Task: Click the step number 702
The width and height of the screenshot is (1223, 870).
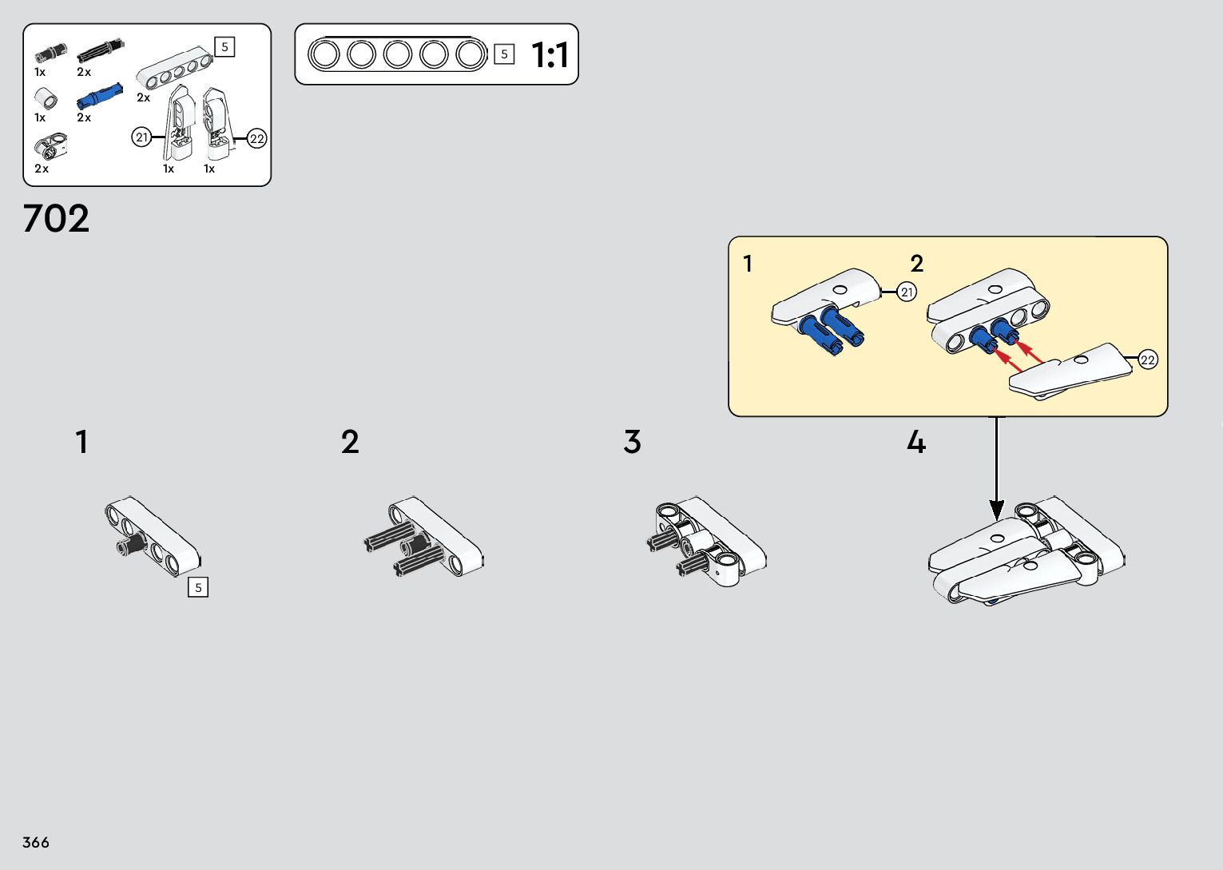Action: click(x=56, y=218)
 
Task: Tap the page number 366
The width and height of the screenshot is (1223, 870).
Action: click(x=36, y=842)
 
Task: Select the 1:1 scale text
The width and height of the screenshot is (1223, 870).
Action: click(x=550, y=55)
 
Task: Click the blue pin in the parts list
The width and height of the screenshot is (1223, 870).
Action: click(x=99, y=96)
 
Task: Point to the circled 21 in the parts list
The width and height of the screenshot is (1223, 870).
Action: click(x=141, y=137)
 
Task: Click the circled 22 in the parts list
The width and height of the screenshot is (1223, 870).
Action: click(x=256, y=139)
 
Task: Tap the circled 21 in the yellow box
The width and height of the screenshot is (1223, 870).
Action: click(x=907, y=292)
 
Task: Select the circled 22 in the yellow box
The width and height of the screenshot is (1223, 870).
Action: click(x=1147, y=360)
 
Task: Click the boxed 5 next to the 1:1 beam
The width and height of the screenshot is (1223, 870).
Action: click(x=504, y=54)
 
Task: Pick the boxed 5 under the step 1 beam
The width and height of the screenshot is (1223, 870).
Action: click(x=198, y=587)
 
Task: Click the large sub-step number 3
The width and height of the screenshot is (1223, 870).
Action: click(x=632, y=442)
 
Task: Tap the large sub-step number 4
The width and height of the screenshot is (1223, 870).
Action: click(x=915, y=442)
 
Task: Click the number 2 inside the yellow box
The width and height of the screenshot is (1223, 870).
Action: click(x=916, y=264)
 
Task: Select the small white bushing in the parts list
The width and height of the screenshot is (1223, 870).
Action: click(x=46, y=99)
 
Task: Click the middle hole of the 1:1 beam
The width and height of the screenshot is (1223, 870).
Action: click(x=398, y=54)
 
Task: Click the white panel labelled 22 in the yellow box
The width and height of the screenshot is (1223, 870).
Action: click(x=1070, y=371)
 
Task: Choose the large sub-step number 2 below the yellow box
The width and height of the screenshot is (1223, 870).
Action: click(x=350, y=442)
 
